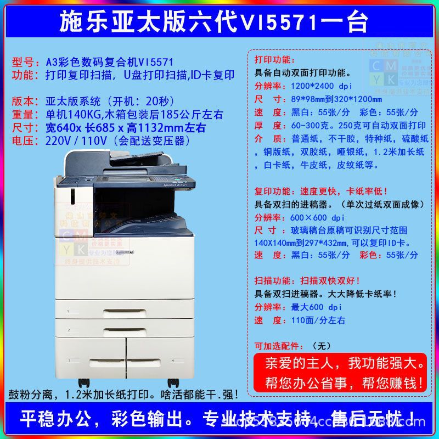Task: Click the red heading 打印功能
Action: [x=275, y=59]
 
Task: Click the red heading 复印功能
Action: [x=275, y=191]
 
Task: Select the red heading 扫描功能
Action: [x=275, y=280]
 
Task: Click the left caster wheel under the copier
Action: [x=83, y=382]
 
